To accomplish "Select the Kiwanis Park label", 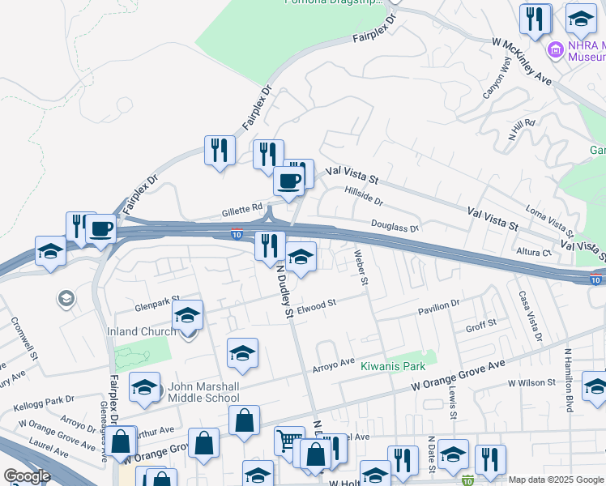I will [393, 366].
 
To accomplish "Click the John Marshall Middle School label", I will [203, 391].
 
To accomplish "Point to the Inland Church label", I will [142, 331].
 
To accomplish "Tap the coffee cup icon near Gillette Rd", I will [288, 181].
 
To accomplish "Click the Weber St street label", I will [361, 268].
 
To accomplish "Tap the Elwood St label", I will [316, 306].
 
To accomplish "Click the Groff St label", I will [480, 328].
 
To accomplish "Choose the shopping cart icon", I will [288, 441].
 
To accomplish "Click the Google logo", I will [27, 475].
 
